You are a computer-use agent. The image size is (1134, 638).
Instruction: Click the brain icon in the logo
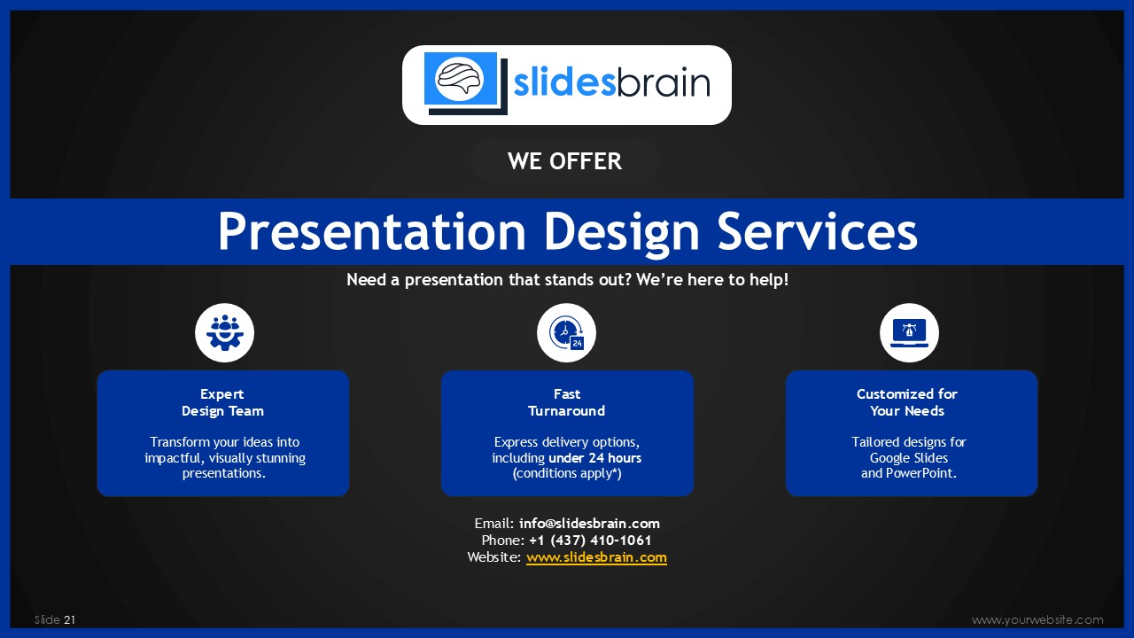click(x=460, y=80)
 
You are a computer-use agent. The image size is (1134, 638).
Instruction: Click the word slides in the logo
click(x=564, y=82)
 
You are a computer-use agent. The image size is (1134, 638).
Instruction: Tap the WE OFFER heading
click(x=564, y=161)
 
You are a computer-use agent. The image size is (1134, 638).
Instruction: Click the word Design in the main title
click(x=622, y=232)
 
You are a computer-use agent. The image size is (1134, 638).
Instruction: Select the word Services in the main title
click(x=818, y=231)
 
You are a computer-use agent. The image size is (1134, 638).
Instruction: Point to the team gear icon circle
click(x=224, y=332)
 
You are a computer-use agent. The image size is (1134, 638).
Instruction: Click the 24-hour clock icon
click(x=566, y=332)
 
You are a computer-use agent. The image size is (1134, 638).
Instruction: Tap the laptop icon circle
click(x=909, y=332)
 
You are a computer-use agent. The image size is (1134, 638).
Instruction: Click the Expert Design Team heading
click(x=222, y=402)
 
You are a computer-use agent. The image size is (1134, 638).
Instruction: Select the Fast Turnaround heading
click(x=566, y=402)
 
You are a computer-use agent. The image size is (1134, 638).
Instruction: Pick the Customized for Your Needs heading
click(x=907, y=402)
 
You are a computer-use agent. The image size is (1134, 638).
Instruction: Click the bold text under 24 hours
click(x=594, y=458)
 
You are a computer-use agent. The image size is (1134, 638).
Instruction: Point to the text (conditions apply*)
click(x=567, y=473)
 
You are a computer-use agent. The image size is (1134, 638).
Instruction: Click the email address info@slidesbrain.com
click(x=589, y=523)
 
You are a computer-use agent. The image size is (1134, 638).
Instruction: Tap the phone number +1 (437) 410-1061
click(x=590, y=541)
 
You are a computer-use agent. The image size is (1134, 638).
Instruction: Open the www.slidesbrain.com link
click(x=596, y=557)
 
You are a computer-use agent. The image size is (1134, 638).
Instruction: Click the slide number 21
click(x=69, y=619)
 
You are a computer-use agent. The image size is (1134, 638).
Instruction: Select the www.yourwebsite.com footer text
click(x=1037, y=619)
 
